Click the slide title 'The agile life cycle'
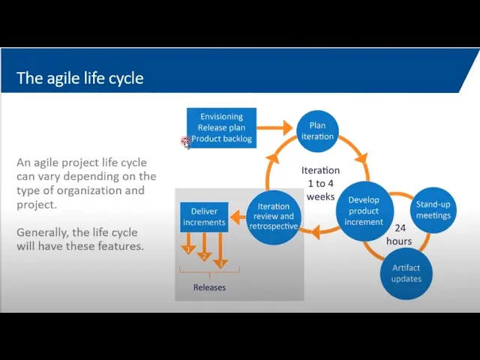79,78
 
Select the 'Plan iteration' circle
317,131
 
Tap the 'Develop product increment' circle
364,211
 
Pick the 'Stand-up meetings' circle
433,210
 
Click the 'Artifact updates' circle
406,273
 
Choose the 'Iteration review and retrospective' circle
273,216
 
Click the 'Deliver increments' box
204,217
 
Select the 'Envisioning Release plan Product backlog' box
221,127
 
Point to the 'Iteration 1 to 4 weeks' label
320,183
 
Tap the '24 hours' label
400,234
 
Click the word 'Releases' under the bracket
209,287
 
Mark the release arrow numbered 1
189,243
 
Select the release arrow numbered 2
204,248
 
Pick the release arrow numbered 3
220,253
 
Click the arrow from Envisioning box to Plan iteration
275,128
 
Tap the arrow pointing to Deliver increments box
238,217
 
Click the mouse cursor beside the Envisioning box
185,142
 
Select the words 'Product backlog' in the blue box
221,139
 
